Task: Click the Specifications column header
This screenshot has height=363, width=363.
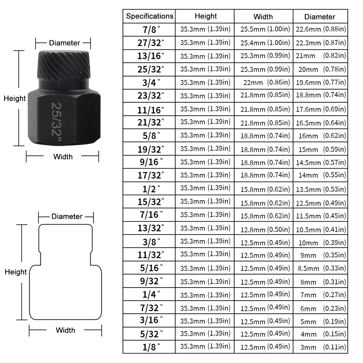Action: pyautogui.click(x=149, y=16)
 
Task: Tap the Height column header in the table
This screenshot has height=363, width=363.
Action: pyautogui.click(x=206, y=16)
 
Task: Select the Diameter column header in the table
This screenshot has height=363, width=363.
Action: pyautogui.click(x=320, y=17)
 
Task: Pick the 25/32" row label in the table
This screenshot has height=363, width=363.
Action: pyautogui.click(x=151, y=69)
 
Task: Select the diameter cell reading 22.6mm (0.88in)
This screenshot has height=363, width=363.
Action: pyautogui.click(x=321, y=29)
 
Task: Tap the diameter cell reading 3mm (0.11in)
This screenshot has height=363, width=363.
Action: pyautogui.click(x=323, y=347)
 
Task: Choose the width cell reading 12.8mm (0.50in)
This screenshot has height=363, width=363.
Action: pyautogui.click(x=265, y=230)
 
